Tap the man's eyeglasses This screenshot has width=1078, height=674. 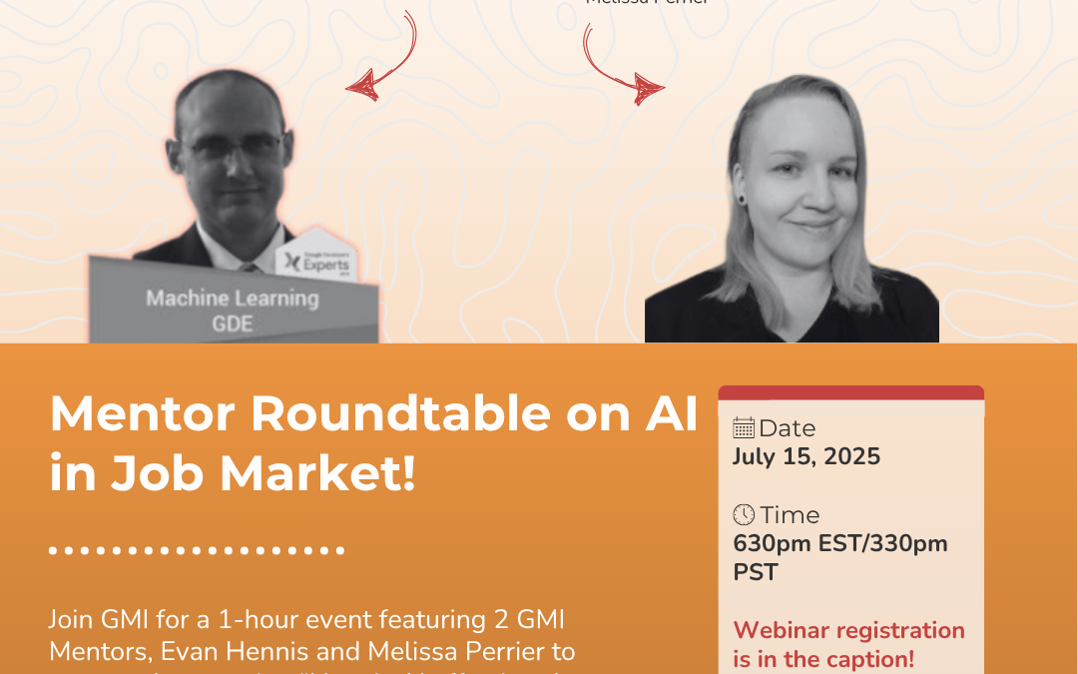click(x=233, y=147)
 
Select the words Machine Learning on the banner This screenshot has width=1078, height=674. click(x=233, y=298)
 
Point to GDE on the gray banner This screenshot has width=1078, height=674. click(x=233, y=324)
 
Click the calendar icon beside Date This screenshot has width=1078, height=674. click(x=744, y=428)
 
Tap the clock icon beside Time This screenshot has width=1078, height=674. click(x=744, y=515)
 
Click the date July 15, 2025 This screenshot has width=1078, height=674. click(x=807, y=456)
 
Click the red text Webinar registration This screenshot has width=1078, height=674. click(x=849, y=630)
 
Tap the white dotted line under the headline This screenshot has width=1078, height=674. click(x=197, y=549)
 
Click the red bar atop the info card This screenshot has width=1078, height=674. click(x=850, y=391)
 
